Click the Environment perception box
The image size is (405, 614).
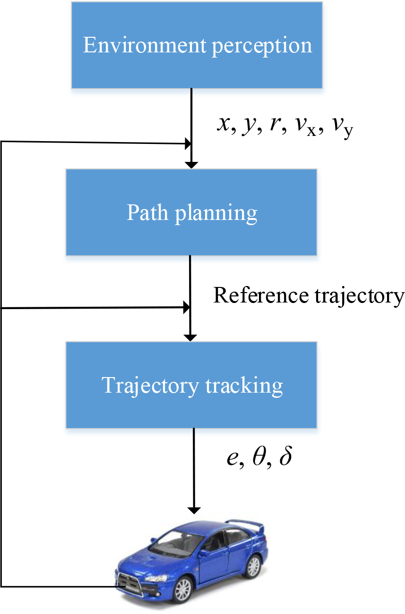[197, 45]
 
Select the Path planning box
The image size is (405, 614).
[191, 212]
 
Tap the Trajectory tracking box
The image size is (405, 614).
[191, 385]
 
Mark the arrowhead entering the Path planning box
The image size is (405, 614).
[191, 165]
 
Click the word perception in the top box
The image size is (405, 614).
[262, 46]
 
